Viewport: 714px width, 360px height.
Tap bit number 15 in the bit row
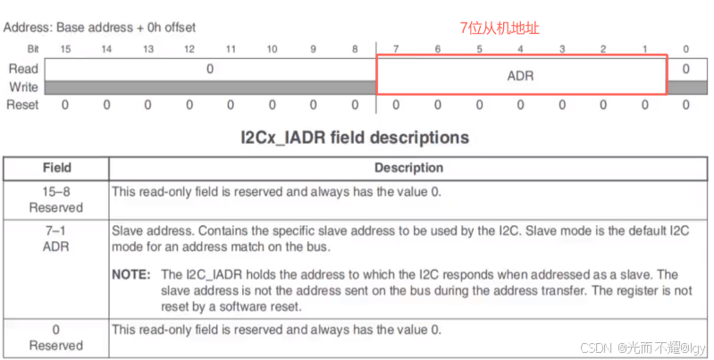[x=65, y=48]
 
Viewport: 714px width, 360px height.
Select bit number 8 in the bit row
[x=356, y=48]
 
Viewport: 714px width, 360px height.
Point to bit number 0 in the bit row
[x=685, y=48]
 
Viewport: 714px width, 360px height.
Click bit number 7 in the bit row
[x=396, y=48]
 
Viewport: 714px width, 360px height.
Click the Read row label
[x=23, y=69]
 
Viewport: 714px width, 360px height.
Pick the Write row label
[x=23, y=87]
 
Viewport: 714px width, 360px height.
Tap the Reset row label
[x=23, y=105]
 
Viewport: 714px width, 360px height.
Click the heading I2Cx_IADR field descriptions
[x=355, y=138]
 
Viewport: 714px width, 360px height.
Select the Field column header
[x=56, y=167]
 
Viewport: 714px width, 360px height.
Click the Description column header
[x=407, y=167]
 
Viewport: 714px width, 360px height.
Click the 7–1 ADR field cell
[x=56, y=237]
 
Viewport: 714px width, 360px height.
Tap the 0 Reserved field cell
[x=56, y=337]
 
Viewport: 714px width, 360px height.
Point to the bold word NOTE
[x=131, y=274]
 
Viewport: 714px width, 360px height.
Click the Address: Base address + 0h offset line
[x=99, y=27]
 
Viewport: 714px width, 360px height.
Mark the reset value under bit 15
[x=65, y=105]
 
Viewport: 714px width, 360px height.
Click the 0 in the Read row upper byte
[x=210, y=68]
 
